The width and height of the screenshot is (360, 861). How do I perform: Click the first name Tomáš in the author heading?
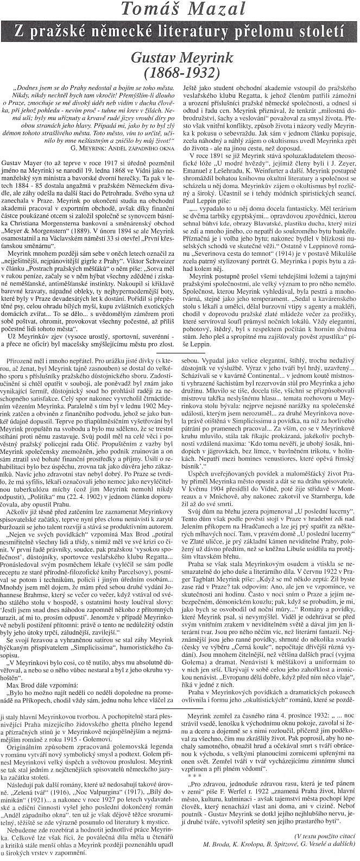tap(148, 9)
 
